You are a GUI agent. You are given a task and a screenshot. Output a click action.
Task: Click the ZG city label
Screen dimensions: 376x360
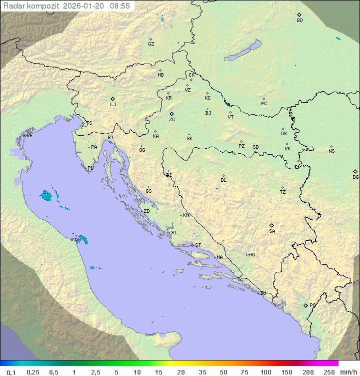click(172, 120)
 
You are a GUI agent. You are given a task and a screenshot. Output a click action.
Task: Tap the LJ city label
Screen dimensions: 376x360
click(113, 105)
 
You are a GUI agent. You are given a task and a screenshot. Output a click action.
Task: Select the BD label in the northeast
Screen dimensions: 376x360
click(299, 21)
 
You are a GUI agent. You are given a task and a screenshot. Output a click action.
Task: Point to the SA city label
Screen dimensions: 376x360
click(272, 231)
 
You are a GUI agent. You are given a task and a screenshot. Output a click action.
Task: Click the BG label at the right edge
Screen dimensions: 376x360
click(355, 177)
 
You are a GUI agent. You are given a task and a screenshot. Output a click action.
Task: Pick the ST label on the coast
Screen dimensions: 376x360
click(198, 245)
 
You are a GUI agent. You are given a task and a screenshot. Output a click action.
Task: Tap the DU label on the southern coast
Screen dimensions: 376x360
click(262, 293)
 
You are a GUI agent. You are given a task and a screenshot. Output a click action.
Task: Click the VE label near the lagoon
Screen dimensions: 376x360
click(29, 136)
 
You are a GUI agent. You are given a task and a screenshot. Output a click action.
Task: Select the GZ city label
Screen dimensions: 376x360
click(151, 44)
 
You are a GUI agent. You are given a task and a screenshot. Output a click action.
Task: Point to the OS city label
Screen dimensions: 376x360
click(283, 134)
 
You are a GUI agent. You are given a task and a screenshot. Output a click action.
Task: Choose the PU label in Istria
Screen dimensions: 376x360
click(90, 168)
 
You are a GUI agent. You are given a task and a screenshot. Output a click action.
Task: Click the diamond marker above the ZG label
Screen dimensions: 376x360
click(171, 114)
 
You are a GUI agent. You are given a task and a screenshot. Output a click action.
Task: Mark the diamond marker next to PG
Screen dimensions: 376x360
click(305, 305)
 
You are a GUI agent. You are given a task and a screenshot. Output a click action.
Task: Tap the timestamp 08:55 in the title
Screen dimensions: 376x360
click(120, 6)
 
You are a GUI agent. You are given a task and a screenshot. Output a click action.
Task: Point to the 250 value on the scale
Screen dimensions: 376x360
click(328, 372)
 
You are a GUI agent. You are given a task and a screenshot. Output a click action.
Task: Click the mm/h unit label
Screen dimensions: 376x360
click(349, 372)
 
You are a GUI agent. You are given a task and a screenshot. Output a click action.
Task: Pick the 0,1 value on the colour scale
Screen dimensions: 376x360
click(11, 372)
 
